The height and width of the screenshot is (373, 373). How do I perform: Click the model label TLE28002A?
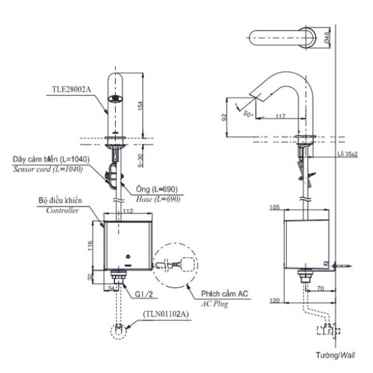(x=71, y=90)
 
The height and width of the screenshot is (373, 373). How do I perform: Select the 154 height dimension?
(x=140, y=105)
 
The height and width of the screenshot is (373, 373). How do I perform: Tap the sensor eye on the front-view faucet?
(x=116, y=98)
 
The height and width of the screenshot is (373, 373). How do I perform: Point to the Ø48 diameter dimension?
(x=327, y=37)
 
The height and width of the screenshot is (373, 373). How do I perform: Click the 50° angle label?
(x=248, y=114)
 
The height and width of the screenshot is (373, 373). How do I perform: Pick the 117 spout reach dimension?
(x=281, y=116)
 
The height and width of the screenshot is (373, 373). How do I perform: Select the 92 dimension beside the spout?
(x=224, y=118)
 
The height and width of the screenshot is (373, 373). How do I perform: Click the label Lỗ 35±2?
(x=348, y=154)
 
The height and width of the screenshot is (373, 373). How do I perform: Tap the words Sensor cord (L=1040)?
(x=48, y=169)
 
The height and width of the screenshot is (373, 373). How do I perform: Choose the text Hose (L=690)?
(x=158, y=199)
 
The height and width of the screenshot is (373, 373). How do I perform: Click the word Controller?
(x=62, y=210)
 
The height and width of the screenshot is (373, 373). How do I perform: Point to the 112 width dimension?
(x=128, y=211)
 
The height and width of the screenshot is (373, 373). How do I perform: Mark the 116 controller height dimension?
(x=90, y=246)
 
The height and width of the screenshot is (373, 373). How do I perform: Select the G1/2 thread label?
(x=144, y=294)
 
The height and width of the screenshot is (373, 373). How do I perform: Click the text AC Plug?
(x=215, y=304)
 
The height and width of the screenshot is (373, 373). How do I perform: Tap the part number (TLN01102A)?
(x=166, y=314)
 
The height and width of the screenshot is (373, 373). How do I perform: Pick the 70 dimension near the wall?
(x=320, y=288)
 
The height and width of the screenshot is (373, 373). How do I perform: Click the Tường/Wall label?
(x=336, y=355)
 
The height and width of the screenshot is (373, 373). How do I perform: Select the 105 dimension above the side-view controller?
(x=275, y=207)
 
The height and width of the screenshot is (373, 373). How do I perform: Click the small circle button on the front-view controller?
(x=128, y=257)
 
